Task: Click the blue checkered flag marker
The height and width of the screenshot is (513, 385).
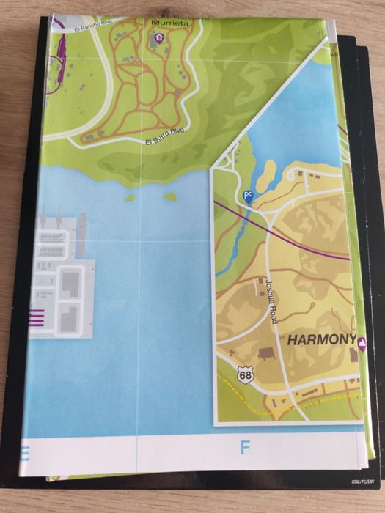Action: click(x=247, y=196)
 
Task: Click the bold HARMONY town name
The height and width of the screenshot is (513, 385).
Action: click(x=320, y=340)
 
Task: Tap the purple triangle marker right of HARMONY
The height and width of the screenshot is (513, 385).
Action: click(x=362, y=341)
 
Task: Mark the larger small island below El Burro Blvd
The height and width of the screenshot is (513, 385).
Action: click(x=169, y=196)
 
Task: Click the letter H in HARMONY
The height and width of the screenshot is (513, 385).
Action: click(x=292, y=340)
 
